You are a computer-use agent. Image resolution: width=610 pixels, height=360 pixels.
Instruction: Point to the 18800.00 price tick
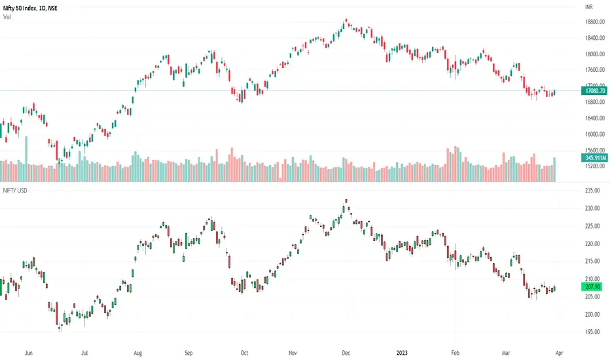point(595,22)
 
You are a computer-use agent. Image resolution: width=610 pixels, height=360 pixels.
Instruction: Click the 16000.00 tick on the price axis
point(595,134)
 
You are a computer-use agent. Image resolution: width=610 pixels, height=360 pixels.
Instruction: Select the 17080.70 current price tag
point(595,92)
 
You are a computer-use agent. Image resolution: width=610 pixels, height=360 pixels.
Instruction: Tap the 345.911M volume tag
point(595,158)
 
